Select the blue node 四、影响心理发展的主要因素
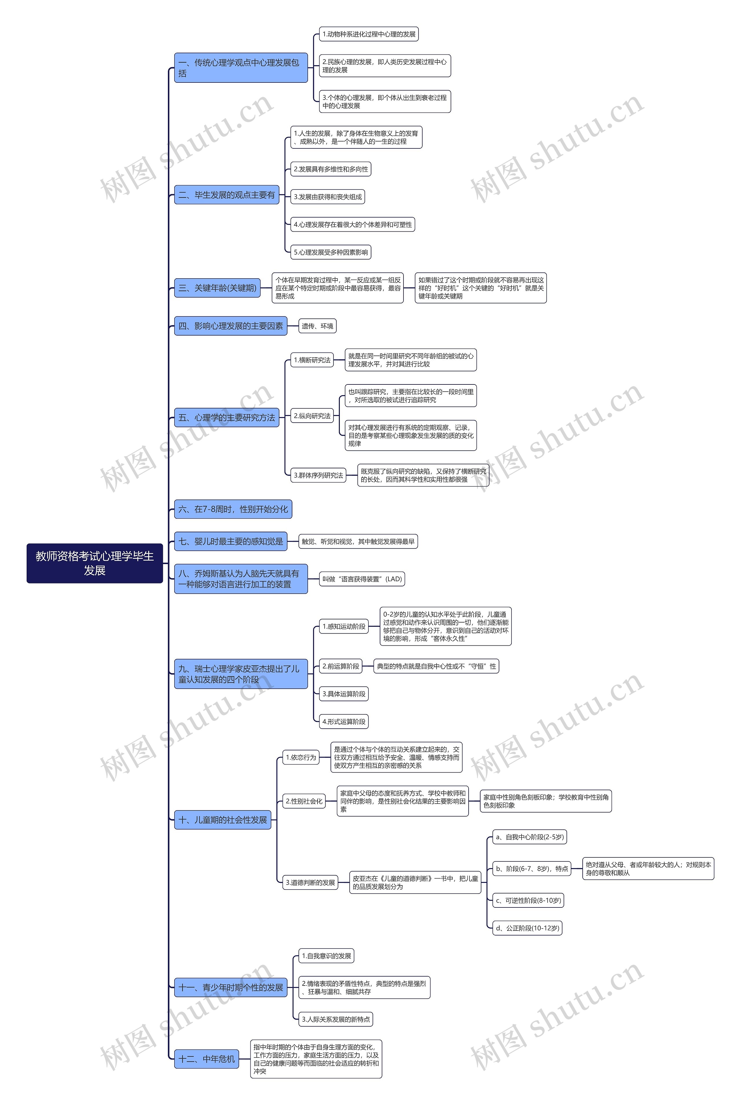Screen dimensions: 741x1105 point(231,326)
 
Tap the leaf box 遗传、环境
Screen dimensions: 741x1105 point(317,326)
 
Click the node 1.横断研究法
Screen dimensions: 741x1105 point(312,360)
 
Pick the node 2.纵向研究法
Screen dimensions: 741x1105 point(312,416)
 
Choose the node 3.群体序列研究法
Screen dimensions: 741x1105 point(318,475)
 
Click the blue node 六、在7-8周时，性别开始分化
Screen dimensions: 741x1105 point(233,509)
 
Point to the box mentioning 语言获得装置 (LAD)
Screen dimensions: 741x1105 point(362,579)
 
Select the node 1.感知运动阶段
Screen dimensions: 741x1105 point(344,626)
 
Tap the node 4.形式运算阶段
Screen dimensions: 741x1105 point(344,721)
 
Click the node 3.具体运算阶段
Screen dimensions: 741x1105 point(344,694)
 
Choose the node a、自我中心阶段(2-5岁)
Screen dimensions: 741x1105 point(529,837)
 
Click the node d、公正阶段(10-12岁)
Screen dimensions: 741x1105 point(527,928)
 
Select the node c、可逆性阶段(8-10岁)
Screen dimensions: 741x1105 point(528,900)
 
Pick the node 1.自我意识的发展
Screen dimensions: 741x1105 point(326,956)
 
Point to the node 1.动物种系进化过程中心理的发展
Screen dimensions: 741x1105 point(368,34)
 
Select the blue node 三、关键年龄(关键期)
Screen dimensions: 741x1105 point(217,288)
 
